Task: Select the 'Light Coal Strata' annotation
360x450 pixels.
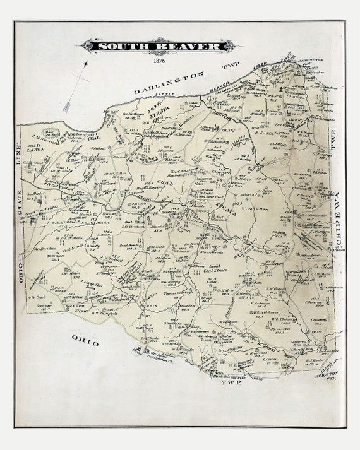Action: tap(216, 269)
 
